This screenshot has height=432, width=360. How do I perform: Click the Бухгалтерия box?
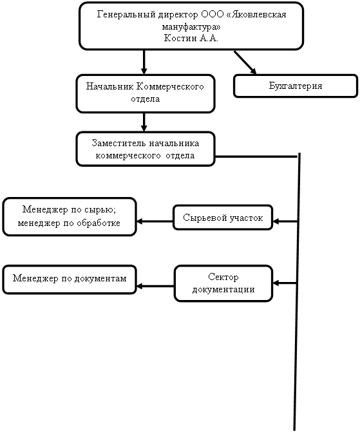[296, 86]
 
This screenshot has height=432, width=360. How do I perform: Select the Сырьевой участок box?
[223, 218]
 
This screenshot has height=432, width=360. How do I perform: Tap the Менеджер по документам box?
[70, 279]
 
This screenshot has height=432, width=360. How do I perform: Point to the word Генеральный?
[126, 14]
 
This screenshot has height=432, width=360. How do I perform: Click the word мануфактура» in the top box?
[191, 27]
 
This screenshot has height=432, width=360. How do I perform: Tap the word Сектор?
[223, 277]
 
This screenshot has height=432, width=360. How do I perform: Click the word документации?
[223, 290]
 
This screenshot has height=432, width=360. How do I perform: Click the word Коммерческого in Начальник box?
[170, 86]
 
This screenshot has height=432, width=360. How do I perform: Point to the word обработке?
[99, 223]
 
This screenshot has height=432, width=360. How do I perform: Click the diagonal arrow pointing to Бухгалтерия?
[245, 62]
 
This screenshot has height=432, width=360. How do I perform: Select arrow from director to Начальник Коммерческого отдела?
[144, 62]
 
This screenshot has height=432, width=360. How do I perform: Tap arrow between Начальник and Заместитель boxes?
[144, 122]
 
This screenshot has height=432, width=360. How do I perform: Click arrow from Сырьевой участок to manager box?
[155, 221]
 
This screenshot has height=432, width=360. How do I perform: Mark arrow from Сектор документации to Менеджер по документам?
[155, 286]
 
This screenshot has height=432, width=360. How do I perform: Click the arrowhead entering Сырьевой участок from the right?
[276, 221]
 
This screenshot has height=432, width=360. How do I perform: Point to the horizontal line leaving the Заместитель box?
[256, 156]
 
